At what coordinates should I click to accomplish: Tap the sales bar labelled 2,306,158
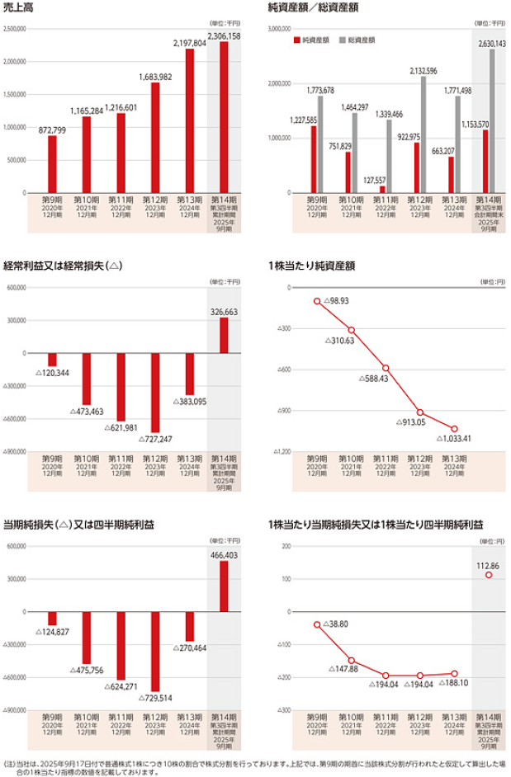coord(224,116)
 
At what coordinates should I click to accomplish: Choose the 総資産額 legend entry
coord(357,40)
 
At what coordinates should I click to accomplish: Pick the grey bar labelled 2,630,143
coord(492,120)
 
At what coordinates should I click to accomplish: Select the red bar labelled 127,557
coord(382,189)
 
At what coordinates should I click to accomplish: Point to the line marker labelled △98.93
coord(316,301)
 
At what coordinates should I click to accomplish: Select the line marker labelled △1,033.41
coord(454,428)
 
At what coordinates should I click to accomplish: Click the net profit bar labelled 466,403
coord(224,586)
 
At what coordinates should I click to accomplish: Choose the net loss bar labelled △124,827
coord(52,619)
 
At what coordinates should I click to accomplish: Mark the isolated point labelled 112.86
coord(489,575)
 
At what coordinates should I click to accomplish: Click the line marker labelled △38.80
coord(316,624)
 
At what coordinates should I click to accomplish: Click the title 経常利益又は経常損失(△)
coord(63,266)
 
